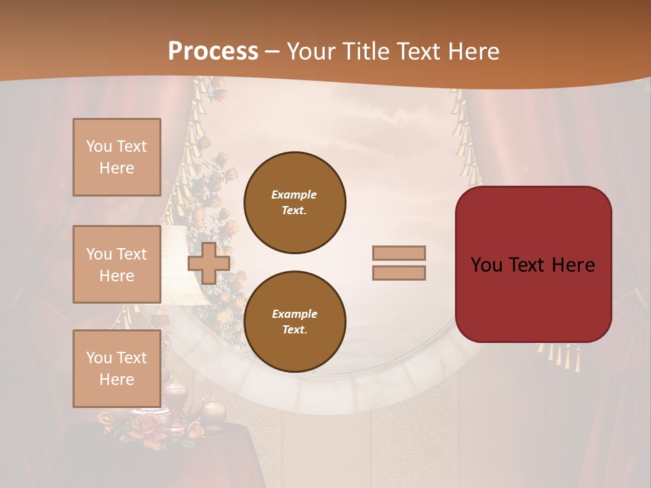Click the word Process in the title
213,51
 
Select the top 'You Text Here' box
117,157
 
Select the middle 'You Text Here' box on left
117,264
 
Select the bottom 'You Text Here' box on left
117,368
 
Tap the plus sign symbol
209,263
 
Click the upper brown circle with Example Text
295,202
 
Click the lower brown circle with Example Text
295,321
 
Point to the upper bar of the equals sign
399,253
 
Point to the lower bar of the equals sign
399,272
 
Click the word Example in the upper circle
294,195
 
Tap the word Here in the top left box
117,168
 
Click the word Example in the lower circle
294,314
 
